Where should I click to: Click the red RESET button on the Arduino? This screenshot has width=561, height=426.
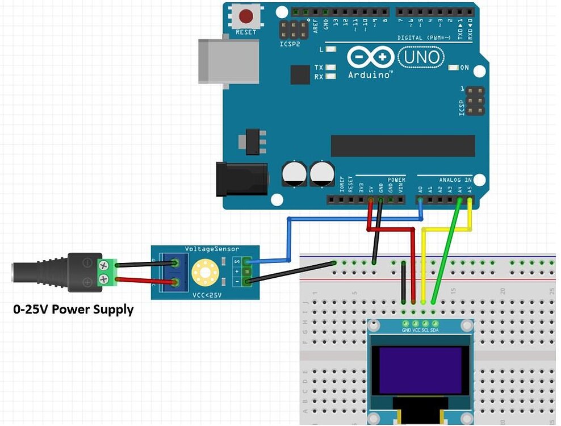246,15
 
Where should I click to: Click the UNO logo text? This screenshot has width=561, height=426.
421,57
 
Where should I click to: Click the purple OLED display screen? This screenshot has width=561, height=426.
420,371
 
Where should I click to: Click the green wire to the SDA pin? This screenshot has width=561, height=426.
446,256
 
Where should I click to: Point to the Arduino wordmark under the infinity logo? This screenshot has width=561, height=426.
369,74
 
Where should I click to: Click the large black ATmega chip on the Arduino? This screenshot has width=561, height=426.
403,146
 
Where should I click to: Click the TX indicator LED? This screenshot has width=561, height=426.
330,68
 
